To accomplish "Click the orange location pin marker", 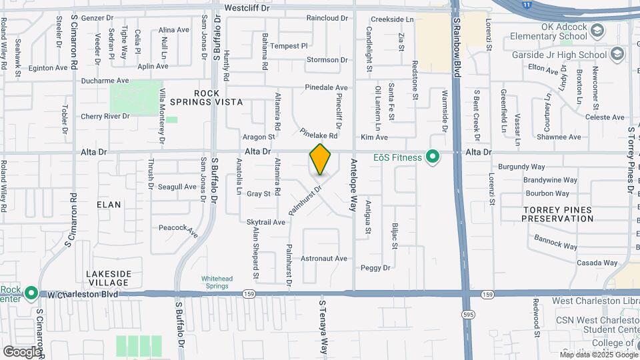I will [x=320, y=159].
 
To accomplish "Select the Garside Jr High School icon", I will [x=617, y=54].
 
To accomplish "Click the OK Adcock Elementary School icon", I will [x=597, y=31].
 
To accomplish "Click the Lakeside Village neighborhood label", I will [x=109, y=278].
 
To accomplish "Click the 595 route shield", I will [x=469, y=314].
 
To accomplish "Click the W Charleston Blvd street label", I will [x=83, y=294].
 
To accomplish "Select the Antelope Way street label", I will [x=353, y=189].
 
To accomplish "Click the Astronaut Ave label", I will [x=325, y=258].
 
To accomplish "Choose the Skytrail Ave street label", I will [x=266, y=222].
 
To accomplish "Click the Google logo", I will [x=22, y=351].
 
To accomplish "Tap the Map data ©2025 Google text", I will [x=597, y=354].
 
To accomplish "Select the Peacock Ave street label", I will [x=178, y=230].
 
